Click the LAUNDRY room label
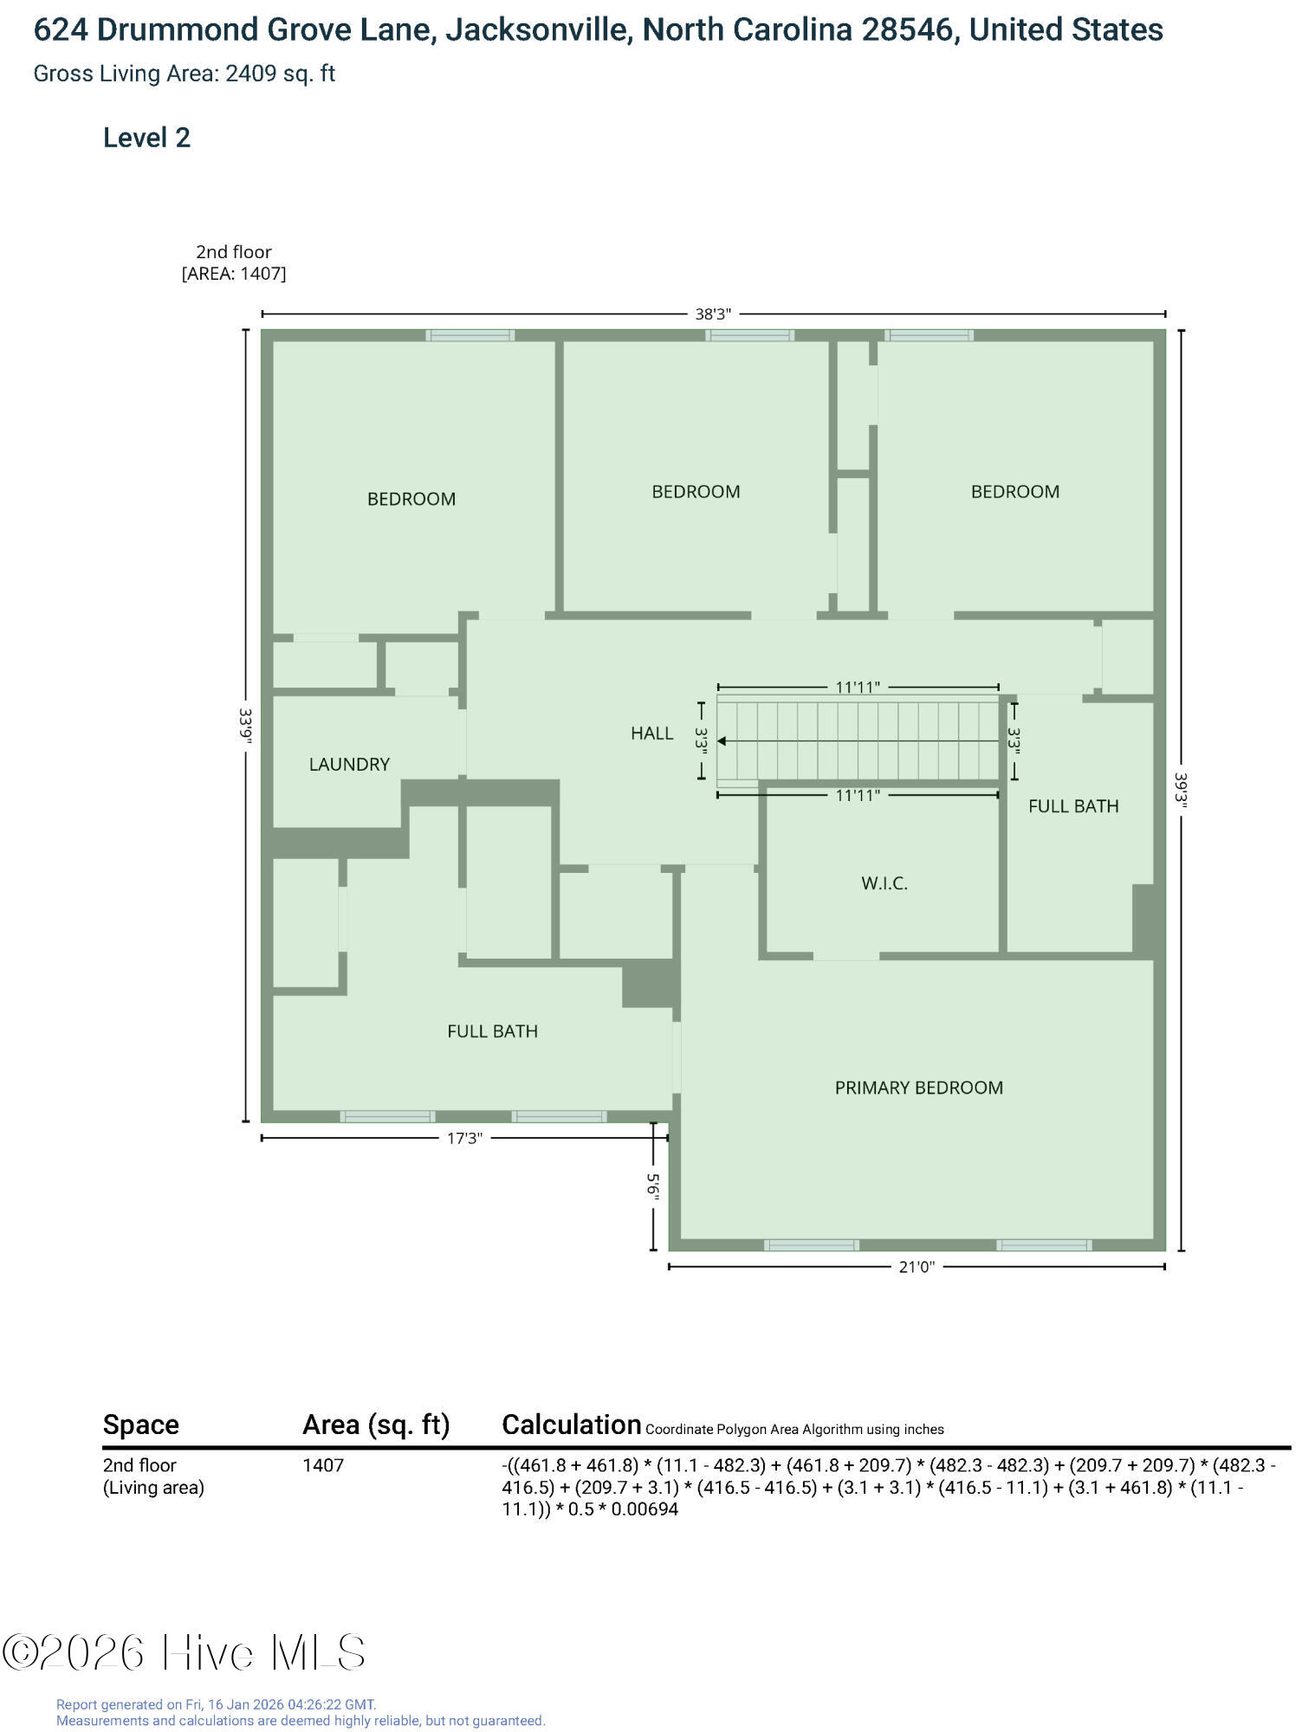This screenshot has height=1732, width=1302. pos(349,764)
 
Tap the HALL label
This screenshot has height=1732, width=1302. pos(651,734)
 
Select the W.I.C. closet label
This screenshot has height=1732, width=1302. pos(884,883)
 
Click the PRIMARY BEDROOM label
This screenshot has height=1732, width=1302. pos(918,1088)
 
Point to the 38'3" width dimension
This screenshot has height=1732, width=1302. pos(713,313)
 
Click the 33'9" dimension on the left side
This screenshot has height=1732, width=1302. pos(246,726)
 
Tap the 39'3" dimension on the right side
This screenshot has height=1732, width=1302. pos(1182,790)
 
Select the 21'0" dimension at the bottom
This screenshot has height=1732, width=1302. pos(917,1267)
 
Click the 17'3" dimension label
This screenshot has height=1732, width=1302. pos(463,1138)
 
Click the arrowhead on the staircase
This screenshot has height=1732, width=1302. pos(722,741)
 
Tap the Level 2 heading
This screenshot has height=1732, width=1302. pos(146,138)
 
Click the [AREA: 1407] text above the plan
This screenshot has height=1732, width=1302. pos(234,274)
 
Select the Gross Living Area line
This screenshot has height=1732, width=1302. pos(184,74)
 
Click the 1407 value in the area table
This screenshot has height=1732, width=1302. pos(323,1465)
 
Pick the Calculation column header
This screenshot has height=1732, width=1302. pos(572,1425)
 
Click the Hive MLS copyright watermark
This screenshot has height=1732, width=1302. pos(184,1652)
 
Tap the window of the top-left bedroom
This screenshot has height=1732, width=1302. pos(470,335)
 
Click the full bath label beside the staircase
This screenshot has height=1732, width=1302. pos(1073,806)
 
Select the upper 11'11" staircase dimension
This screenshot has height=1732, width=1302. pos(858,688)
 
